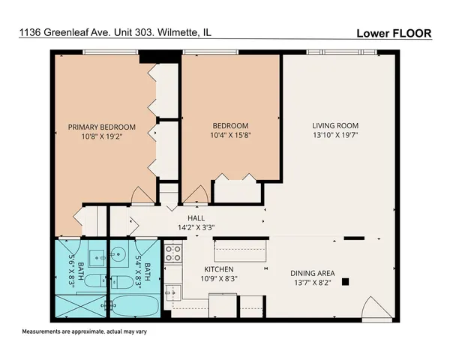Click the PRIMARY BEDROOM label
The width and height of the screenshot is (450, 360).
(x=102, y=127)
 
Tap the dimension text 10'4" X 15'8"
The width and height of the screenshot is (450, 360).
(x=230, y=136)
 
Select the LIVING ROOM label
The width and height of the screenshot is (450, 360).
(x=336, y=125)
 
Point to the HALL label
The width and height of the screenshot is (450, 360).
(x=196, y=218)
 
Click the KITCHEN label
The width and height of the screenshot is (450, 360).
(x=220, y=269)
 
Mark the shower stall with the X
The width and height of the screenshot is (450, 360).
(x=80, y=306)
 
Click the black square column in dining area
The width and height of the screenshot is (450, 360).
(x=346, y=282)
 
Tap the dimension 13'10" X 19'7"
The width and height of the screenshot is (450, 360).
(x=336, y=136)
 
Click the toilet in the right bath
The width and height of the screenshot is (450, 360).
(x=121, y=281)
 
